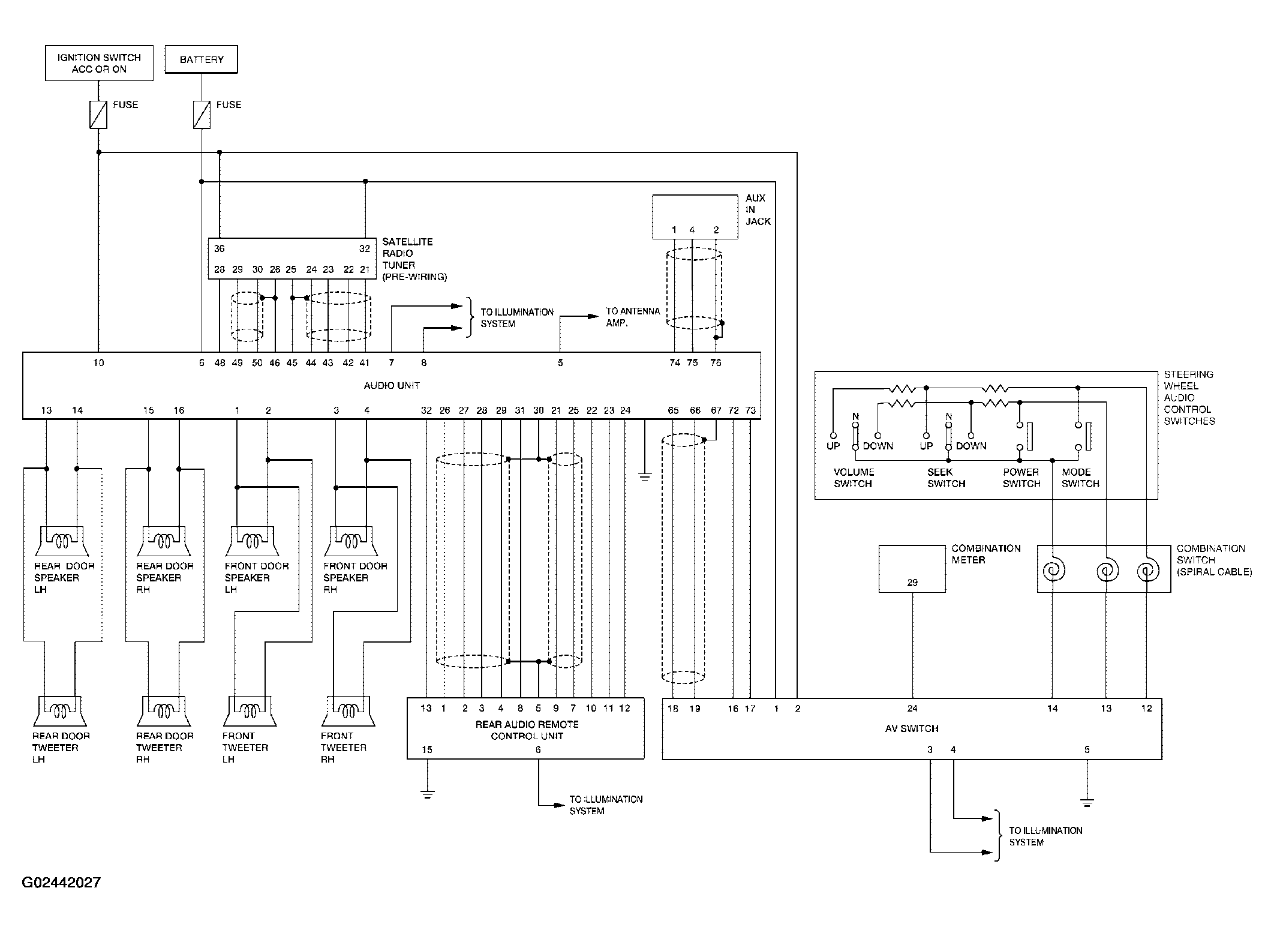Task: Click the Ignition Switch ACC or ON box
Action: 99,63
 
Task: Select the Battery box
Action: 202,59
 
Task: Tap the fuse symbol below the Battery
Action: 202,115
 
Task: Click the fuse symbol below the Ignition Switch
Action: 98,115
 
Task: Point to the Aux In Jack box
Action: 695,217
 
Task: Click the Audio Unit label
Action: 392,385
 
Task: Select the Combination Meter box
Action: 912,569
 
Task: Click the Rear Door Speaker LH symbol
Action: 62,541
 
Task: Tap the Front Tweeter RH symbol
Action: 348,711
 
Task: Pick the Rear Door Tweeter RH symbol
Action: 164,711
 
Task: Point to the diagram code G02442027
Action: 61,883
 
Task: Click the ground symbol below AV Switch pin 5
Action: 1087,802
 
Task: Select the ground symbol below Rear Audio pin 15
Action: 427,795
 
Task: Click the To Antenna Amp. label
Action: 633,317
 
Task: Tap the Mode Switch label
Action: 1080,478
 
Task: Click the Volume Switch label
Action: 854,478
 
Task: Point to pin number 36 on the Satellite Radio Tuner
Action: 220,248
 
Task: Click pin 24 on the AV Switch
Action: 912,709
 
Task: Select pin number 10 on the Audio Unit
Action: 98,362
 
